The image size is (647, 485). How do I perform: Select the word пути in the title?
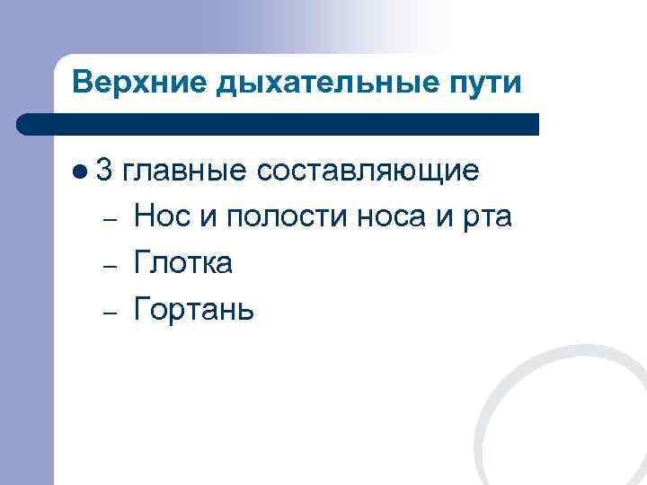coord(489,84)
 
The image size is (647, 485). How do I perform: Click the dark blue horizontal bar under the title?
coord(279,124)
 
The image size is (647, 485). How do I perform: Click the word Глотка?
coord(183,263)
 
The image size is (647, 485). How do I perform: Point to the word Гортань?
coord(193,310)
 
